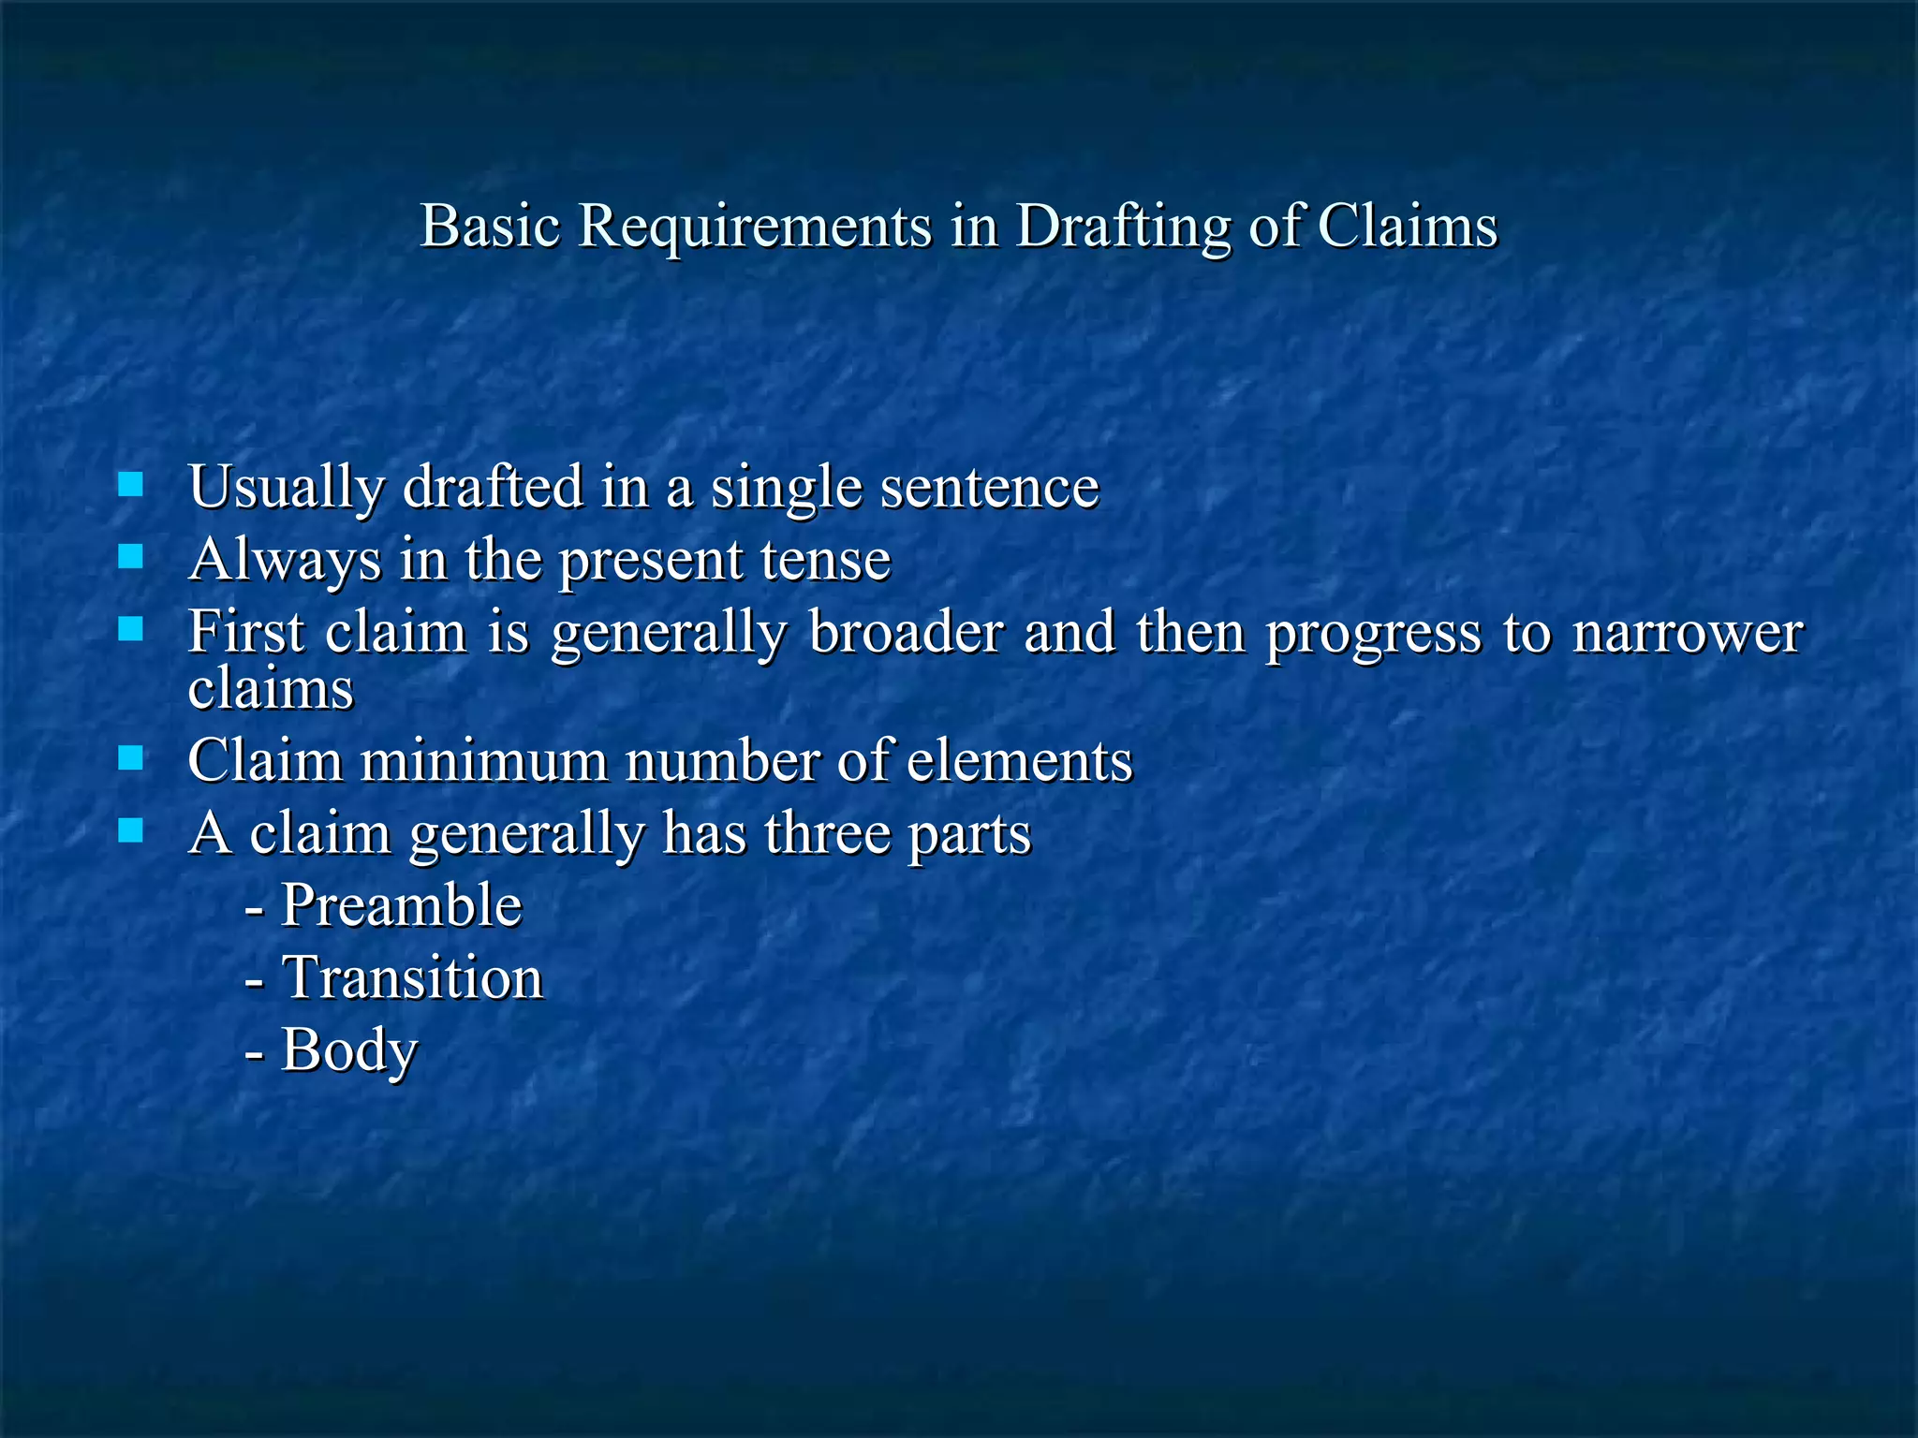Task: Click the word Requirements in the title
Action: (x=754, y=227)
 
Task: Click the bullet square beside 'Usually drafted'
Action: (x=131, y=484)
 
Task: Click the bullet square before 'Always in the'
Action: (x=131, y=557)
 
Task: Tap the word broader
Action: (x=906, y=632)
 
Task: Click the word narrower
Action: (x=1687, y=632)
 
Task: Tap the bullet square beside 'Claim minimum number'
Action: (x=131, y=757)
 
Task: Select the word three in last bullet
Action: (x=828, y=832)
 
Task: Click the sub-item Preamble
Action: (x=401, y=905)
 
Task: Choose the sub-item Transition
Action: (x=412, y=978)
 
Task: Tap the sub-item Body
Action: (x=348, y=1050)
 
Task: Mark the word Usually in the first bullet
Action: (x=287, y=487)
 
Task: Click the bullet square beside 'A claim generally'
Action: (x=131, y=830)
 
